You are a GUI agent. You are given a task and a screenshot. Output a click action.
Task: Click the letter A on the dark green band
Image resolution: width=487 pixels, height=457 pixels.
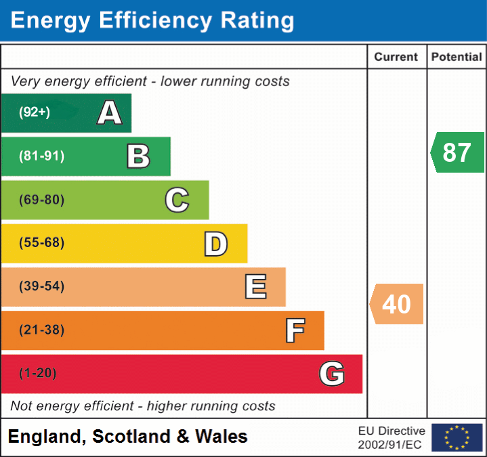(110, 113)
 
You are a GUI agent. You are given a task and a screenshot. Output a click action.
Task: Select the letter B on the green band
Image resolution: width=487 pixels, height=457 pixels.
(138, 156)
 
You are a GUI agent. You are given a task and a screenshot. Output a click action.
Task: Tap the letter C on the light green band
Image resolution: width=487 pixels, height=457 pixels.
(177, 200)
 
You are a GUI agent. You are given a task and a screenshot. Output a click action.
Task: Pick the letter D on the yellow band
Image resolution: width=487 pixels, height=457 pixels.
(215, 244)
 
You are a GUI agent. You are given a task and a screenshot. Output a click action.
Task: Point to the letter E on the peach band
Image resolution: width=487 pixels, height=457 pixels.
(255, 287)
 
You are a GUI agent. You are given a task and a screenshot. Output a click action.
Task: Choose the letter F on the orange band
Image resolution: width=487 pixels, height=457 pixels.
(295, 331)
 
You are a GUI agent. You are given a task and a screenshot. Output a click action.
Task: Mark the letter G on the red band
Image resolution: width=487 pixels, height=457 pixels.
(332, 374)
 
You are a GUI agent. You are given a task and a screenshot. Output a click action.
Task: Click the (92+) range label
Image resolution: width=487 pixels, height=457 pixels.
(35, 112)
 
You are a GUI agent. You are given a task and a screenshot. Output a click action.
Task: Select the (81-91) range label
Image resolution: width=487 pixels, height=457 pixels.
(42, 156)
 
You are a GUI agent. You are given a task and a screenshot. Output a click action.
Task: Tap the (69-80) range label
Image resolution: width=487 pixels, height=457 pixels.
(42, 200)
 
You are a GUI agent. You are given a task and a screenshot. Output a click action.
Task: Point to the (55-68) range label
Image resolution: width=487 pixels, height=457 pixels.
(42, 243)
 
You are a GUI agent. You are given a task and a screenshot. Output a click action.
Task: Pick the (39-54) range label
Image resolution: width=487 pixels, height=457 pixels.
(42, 286)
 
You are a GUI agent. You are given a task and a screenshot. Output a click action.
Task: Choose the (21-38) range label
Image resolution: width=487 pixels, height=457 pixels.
(42, 330)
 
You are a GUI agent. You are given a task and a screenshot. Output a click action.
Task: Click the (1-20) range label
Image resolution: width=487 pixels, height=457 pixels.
(38, 374)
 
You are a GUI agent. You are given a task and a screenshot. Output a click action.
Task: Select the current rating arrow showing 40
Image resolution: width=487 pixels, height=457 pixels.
(397, 304)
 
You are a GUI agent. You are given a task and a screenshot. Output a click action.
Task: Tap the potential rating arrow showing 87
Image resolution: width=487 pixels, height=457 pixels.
(457, 152)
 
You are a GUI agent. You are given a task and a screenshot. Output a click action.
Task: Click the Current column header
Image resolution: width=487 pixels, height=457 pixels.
(397, 58)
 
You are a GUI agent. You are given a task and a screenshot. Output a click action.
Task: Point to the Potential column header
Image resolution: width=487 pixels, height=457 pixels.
(457, 58)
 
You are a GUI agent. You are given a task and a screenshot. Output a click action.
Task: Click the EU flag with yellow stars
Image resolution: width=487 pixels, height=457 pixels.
(457, 437)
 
